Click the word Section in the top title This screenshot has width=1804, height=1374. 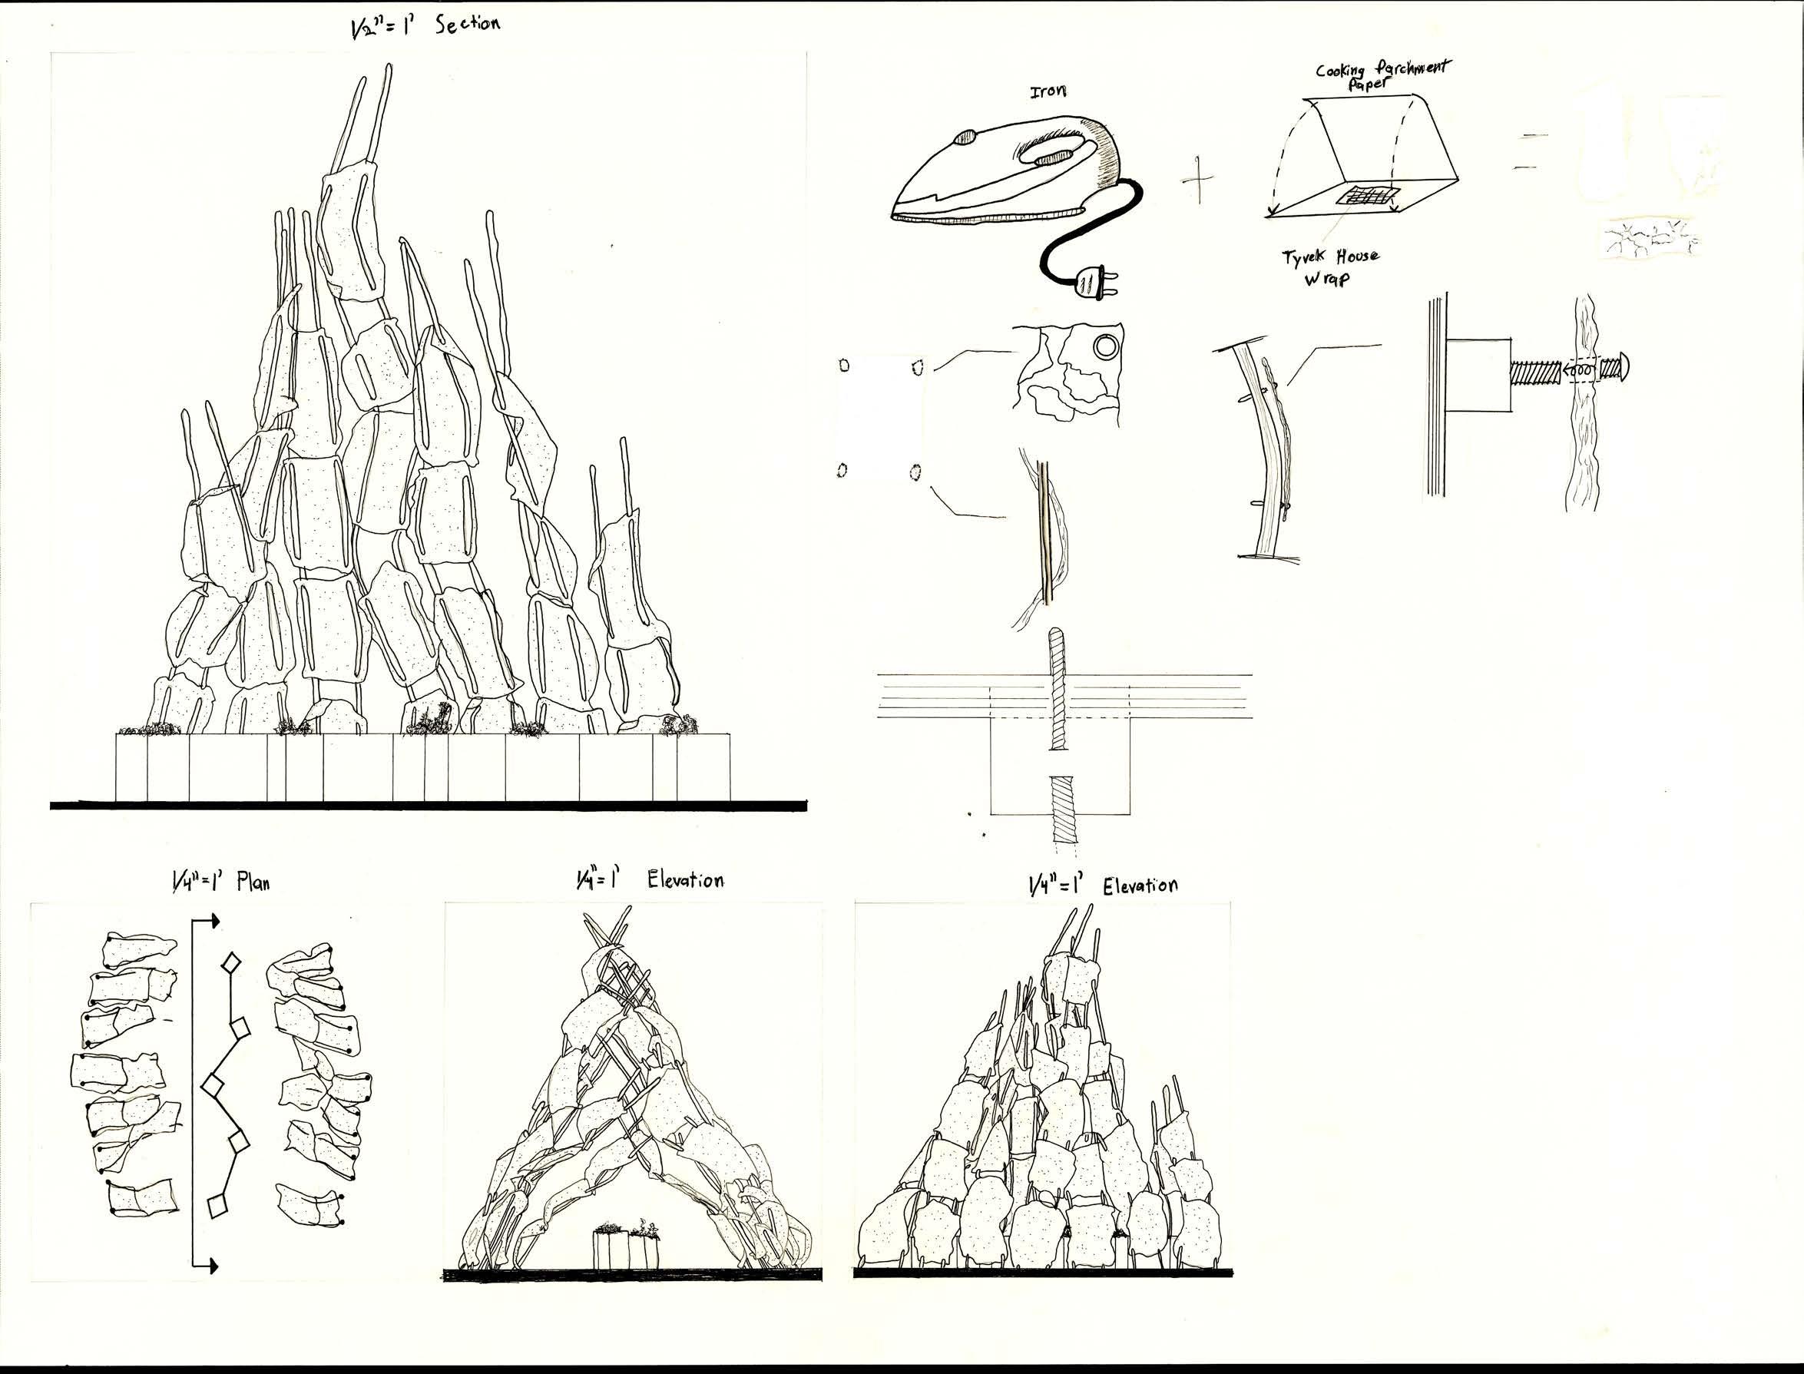pyautogui.click(x=467, y=24)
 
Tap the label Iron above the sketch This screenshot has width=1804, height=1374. pyautogui.click(x=1048, y=91)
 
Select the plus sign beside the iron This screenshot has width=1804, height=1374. pyautogui.click(x=1199, y=178)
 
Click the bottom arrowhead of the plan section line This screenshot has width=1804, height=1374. pyautogui.click(x=214, y=1267)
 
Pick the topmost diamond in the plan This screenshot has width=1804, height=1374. pyautogui.click(x=232, y=962)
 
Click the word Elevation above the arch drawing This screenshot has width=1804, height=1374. pyautogui.click(x=684, y=881)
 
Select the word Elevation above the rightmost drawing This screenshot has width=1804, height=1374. pyautogui.click(x=1140, y=886)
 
